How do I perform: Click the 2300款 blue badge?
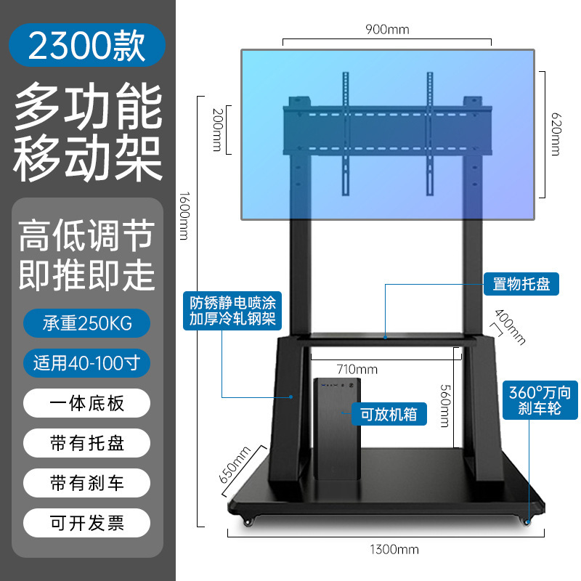(x=86, y=45)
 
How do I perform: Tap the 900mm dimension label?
(x=387, y=30)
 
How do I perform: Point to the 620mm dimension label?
(x=556, y=133)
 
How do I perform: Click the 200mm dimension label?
(x=216, y=131)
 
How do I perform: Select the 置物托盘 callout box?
(x=521, y=284)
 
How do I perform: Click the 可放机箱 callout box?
(x=389, y=415)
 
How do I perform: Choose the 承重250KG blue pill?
(x=86, y=322)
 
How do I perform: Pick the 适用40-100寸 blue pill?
(x=86, y=361)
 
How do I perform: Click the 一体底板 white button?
(x=86, y=402)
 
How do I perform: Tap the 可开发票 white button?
(x=86, y=522)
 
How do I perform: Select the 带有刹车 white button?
(x=86, y=482)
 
